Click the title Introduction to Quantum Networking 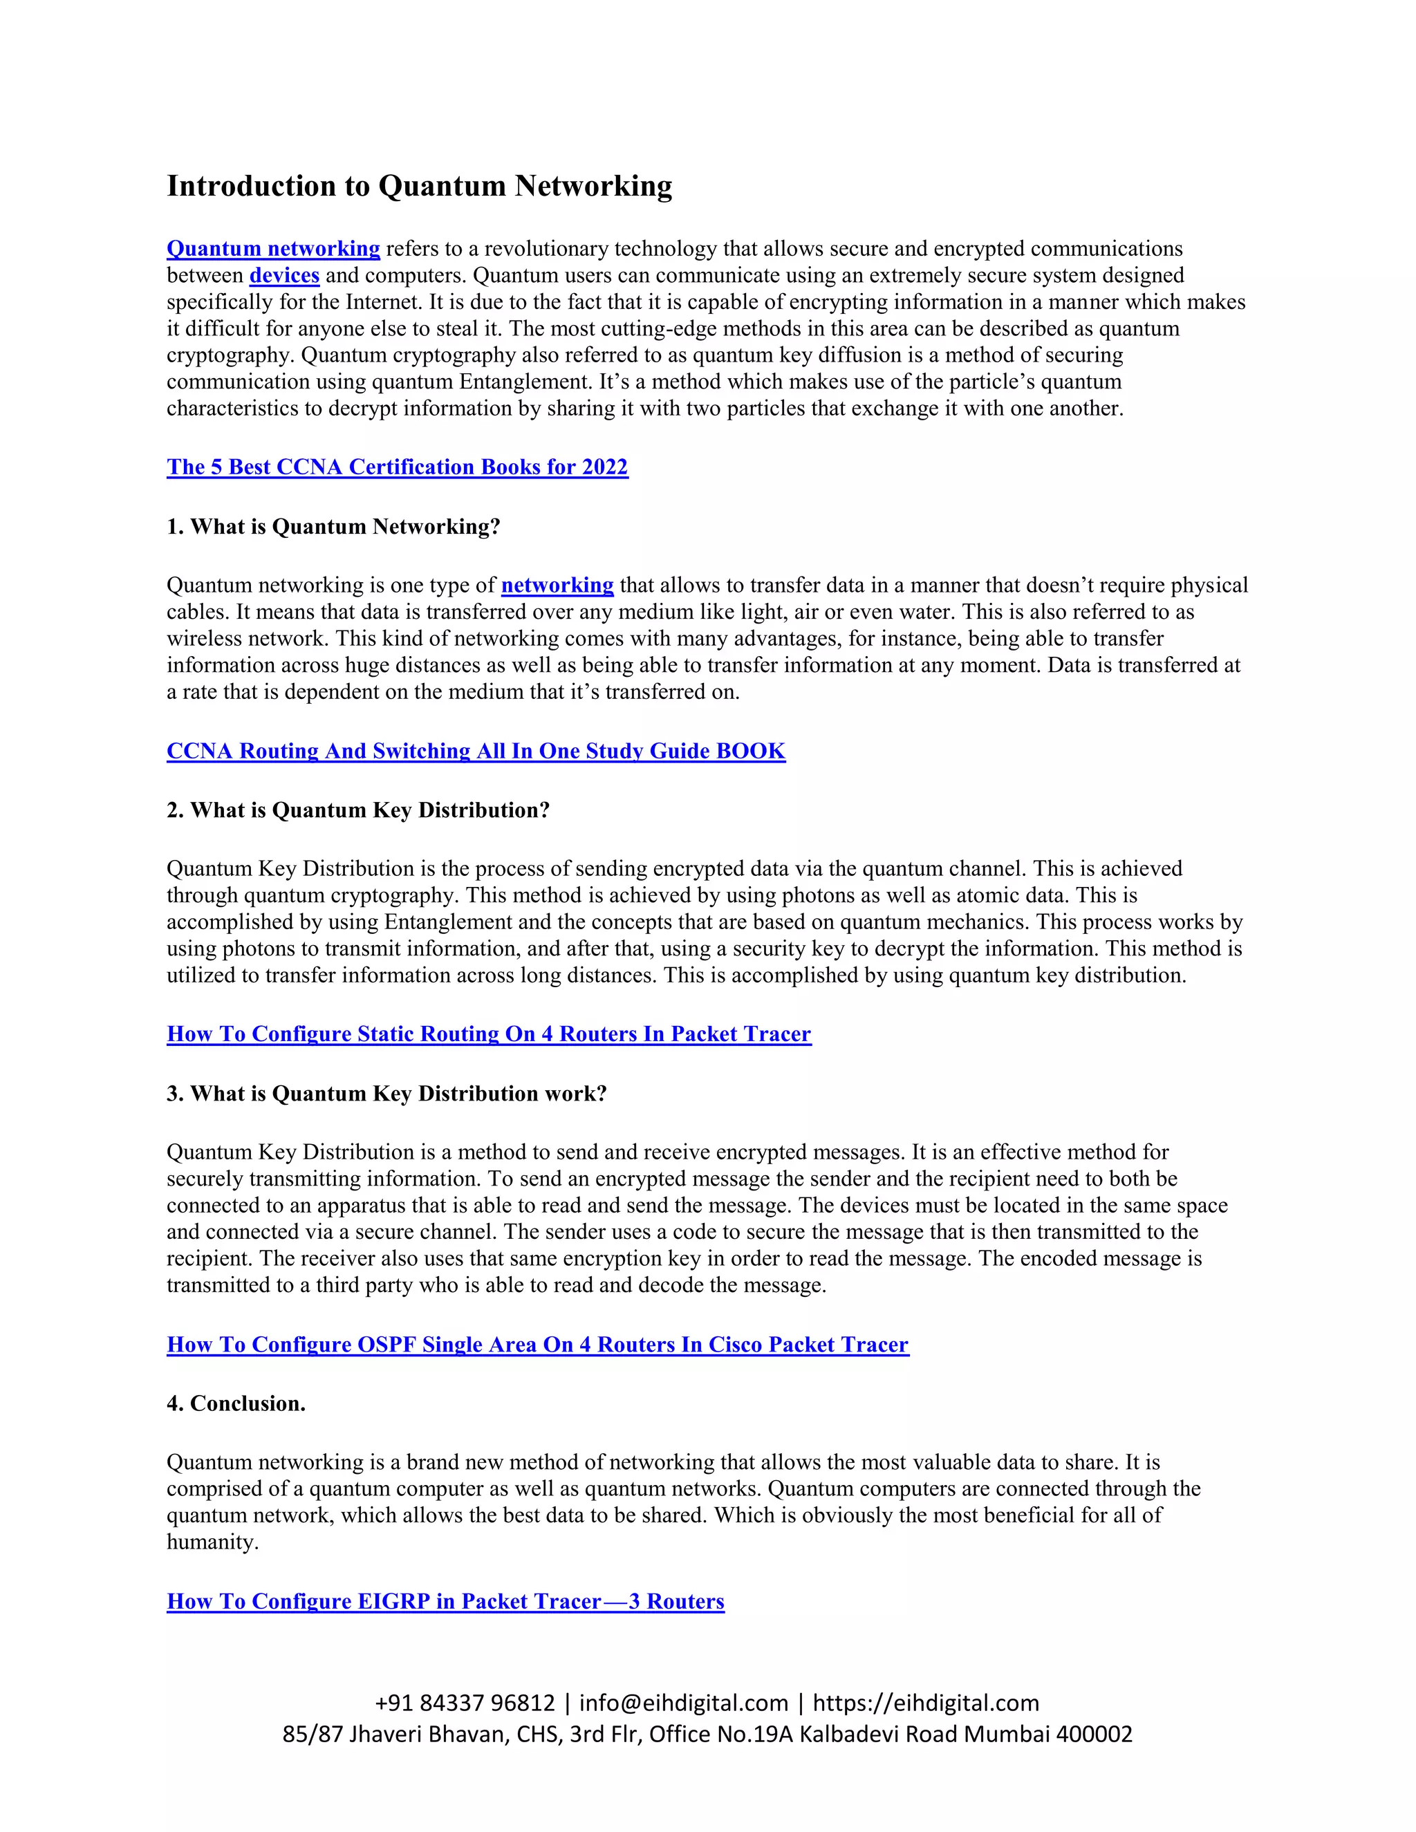[x=420, y=186]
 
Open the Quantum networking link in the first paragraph [x=274, y=249]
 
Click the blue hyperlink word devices [x=284, y=276]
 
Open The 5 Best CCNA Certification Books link [x=397, y=467]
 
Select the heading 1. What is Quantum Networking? [x=333, y=527]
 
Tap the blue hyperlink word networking [x=557, y=586]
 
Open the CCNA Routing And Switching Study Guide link [x=476, y=751]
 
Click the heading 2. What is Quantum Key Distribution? [x=357, y=810]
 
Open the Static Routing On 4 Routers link [x=488, y=1034]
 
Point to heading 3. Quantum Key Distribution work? [x=386, y=1094]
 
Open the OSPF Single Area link [x=537, y=1345]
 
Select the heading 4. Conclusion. [x=236, y=1404]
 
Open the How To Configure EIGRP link [x=445, y=1601]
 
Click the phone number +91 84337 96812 [x=465, y=1703]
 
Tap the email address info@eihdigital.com [x=684, y=1703]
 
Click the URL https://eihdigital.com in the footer [x=925, y=1703]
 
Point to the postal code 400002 [x=1094, y=1734]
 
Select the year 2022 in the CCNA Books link [x=604, y=467]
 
